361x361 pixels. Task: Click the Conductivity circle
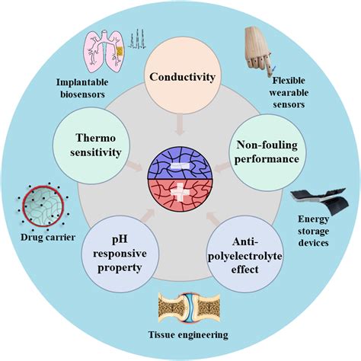tap(180, 77)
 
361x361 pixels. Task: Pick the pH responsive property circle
tap(120, 253)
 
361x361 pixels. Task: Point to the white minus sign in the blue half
tap(180, 162)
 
